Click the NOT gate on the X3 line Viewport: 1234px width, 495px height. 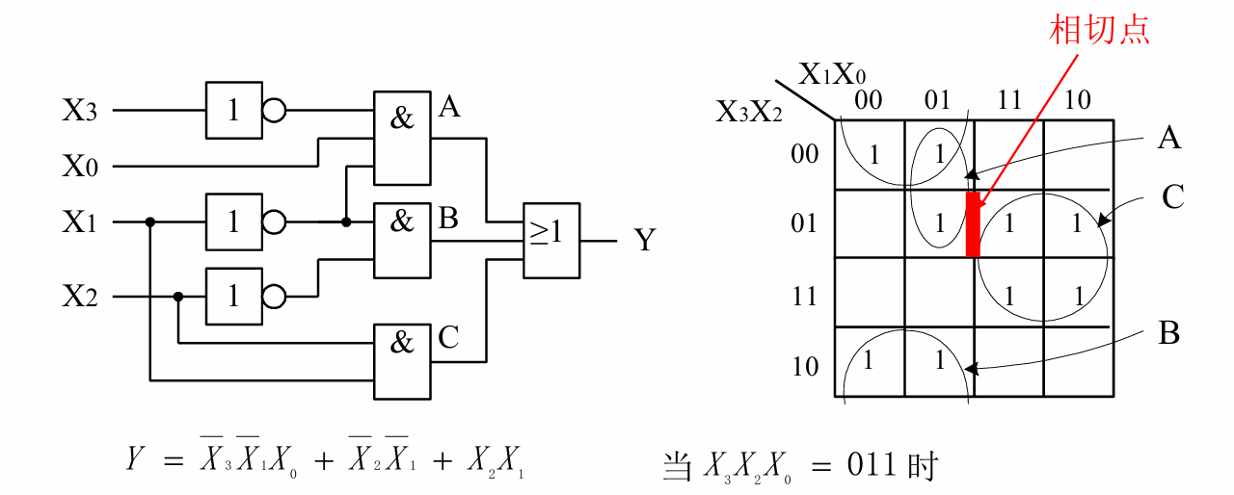coord(233,111)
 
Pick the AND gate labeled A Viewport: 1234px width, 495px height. coord(402,138)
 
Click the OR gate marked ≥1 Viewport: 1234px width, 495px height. coord(551,241)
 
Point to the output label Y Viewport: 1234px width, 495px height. coord(645,239)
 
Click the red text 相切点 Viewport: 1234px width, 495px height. coord(1099,30)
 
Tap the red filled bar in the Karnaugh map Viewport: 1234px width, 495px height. coord(973,223)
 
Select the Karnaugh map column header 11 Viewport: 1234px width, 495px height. coord(1008,100)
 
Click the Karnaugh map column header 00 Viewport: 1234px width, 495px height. coord(869,100)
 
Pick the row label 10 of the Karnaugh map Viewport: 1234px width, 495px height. coord(805,366)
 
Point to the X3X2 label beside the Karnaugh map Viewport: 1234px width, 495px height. coord(749,113)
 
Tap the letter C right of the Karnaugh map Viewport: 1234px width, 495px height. coord(1172,197)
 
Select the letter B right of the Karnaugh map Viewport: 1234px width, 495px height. coord(1169,333)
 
